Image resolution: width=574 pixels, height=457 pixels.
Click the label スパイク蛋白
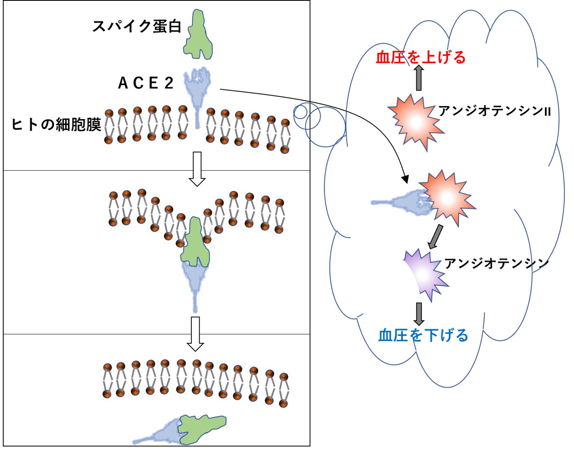click(x=137, y=26)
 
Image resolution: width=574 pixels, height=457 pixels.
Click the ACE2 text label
click(x=146, y=83)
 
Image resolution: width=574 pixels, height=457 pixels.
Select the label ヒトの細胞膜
click(x=56, y=124)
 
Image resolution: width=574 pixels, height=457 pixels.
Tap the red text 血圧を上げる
click(x=420, y=57)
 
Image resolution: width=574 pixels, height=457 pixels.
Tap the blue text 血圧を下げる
click(x=423, y=336)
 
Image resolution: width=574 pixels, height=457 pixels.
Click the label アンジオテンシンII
click(x=494, y=111)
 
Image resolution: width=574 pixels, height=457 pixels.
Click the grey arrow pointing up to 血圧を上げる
click(x=419, y=78)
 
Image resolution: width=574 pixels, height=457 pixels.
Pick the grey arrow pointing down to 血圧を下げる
click(x=419, y=314)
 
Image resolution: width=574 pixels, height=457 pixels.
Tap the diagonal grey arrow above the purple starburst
click(x=435, y=236)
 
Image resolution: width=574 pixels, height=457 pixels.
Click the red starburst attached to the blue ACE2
click(x=446, y=197)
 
